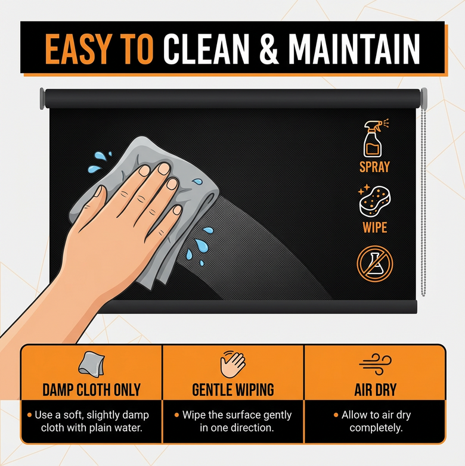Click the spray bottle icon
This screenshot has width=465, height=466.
coord(374,138)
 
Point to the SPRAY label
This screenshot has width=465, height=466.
coord(374,166)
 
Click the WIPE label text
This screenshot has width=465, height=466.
coord(374,228)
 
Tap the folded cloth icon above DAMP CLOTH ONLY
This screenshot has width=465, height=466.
coord(91,364)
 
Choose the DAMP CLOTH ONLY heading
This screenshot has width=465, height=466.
coord(91,390)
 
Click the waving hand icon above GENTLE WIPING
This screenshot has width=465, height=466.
coord(232,364)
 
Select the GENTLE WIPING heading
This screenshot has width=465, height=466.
coord(232,390)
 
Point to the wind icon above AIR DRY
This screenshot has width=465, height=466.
coord(374,364)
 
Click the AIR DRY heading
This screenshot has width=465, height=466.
coord(374,390)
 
